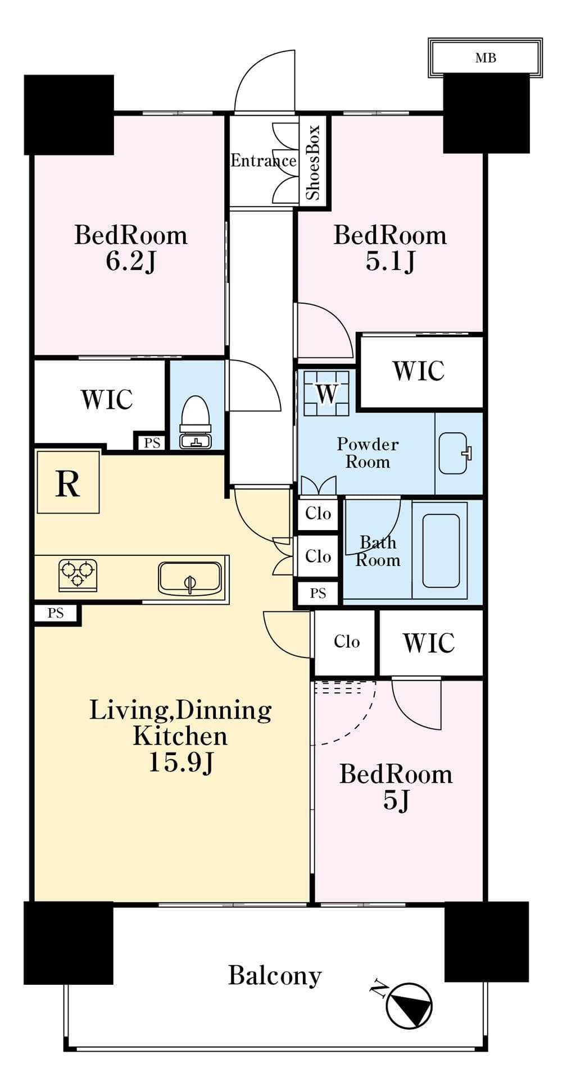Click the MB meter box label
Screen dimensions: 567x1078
486,58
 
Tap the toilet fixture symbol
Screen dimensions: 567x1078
196,422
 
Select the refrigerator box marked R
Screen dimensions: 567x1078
68,482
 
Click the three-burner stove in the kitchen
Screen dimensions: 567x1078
78,575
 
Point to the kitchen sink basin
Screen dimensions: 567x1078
189,578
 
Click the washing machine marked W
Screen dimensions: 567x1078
326,392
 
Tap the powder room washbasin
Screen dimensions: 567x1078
455,453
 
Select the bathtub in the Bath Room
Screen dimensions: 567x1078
440,551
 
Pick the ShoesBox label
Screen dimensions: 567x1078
312,162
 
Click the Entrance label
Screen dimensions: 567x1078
264,161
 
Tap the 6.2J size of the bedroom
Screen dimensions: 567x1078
131,261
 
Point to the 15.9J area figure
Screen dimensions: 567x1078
181,762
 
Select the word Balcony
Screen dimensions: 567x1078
275,975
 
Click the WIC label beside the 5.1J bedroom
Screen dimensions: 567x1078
419,371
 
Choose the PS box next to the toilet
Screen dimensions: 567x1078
152,442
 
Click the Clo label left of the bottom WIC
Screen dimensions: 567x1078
347,642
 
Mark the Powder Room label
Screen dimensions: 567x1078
368,453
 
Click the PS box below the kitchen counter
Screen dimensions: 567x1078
56,613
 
